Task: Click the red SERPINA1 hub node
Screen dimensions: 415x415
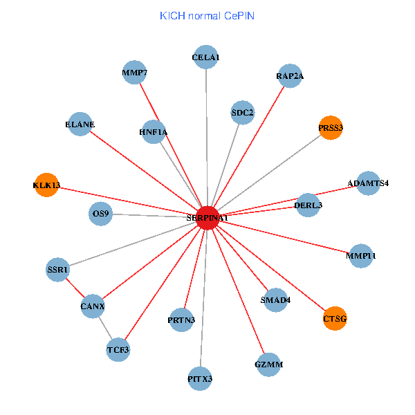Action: (207, 217)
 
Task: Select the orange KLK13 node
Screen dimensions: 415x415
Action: (46, 185)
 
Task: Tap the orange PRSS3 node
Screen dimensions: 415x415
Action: (331, 127)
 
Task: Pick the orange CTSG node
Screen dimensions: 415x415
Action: (335, 318)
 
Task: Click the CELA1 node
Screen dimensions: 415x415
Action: (206, 57)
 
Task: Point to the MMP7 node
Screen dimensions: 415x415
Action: (134, 72)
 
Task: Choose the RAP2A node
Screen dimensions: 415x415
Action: (289, 76)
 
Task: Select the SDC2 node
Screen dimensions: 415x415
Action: (243, 112)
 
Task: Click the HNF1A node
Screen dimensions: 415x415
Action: (153, 131)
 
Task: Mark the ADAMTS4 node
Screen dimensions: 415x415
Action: (368, 183)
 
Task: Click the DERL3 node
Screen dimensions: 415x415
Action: (308, 205)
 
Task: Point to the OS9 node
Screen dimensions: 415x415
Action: (101, 214)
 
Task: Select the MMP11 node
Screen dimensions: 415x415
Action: (361, 256)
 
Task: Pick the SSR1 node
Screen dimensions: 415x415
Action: (58, 269)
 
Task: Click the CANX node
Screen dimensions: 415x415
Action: (93, 305)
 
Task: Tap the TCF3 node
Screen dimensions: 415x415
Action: (118, 350)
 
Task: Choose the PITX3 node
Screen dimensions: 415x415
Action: (200, 378)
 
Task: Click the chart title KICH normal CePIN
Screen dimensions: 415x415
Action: (207, 15)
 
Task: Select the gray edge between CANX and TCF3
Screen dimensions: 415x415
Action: (105, 327)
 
